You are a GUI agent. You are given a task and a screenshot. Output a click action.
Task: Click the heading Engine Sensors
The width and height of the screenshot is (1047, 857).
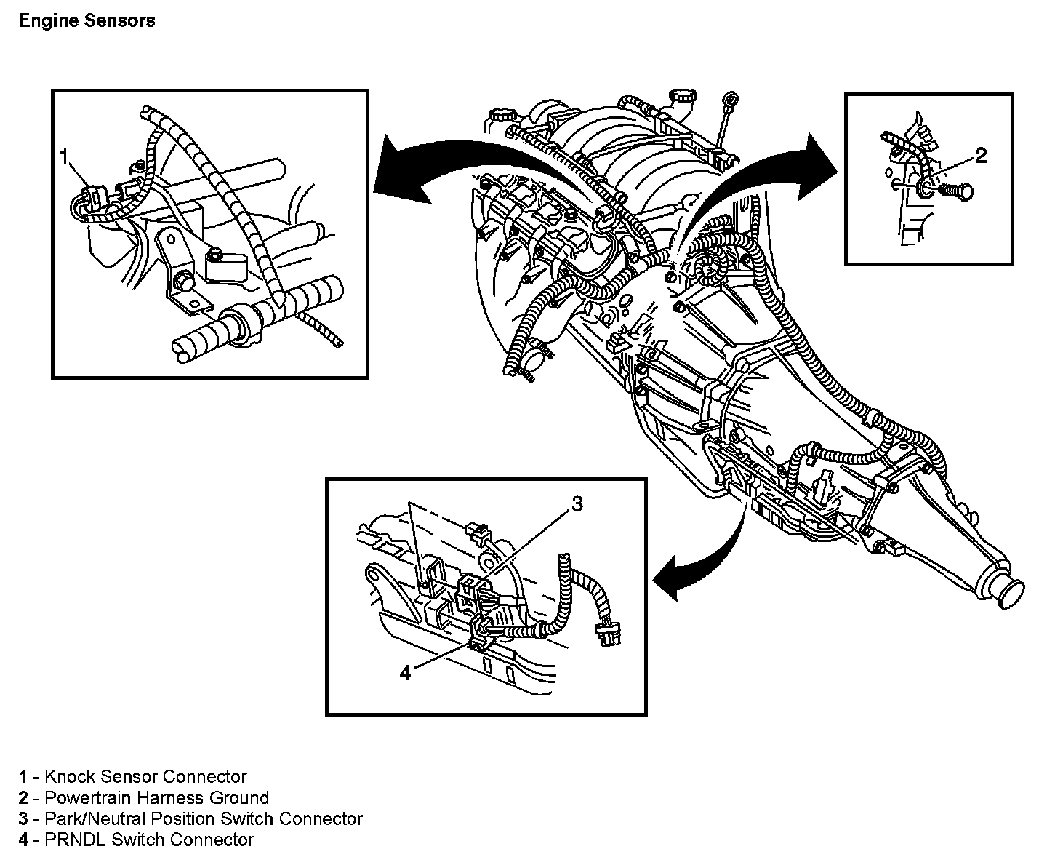[87, 20]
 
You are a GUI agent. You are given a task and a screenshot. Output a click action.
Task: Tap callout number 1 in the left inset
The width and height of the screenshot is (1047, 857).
[65, 156]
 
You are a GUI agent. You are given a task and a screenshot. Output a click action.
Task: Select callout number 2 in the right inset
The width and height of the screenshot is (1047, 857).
[981, 155]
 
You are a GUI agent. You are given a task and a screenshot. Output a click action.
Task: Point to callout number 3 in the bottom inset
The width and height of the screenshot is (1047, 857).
[577, 503]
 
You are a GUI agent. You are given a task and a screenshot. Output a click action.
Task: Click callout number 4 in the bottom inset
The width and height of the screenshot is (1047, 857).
[405, 674]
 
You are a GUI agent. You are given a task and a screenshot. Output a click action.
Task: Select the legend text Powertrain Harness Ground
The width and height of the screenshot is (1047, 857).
[156, 797]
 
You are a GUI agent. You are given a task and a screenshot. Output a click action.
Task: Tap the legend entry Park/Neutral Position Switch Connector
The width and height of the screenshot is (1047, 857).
[203, 818]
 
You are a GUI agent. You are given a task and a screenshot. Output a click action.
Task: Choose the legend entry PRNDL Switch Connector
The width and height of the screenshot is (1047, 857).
[149, 840]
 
